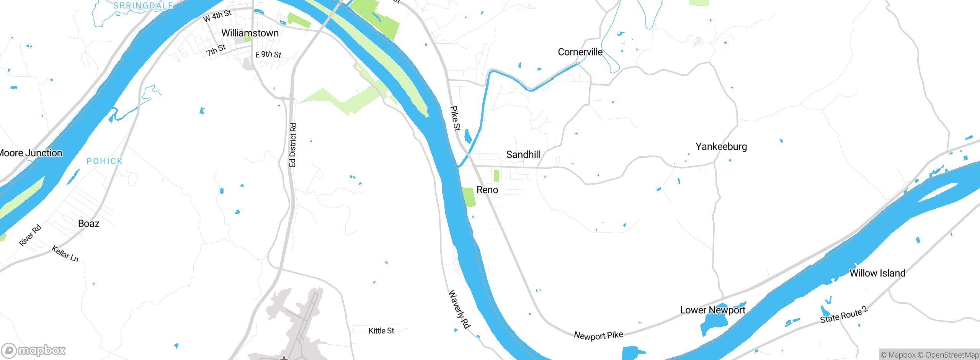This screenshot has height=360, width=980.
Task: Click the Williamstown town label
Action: (x=250, y=33)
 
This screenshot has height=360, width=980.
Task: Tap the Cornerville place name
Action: (x=580, y=52)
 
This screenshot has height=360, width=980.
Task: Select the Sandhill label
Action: (x=523, y=155)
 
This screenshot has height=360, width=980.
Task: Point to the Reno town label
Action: (x=487, y=190)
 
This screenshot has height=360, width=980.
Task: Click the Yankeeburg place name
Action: (x=721, y=147)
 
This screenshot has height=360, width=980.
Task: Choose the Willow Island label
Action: (x=877, y=273)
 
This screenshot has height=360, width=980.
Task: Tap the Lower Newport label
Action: (x=712, y=310)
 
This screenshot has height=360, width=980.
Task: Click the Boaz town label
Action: (x=89, y=224)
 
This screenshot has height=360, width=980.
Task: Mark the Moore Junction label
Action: (x=31, y=153)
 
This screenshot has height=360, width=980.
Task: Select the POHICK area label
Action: (x=105, y=161)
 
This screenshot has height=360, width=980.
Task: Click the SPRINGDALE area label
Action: (x=143, y=5)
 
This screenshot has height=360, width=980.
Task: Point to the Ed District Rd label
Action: (x=293, y=145)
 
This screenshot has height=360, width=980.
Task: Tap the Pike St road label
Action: (x=455, y=119)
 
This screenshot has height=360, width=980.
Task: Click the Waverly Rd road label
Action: (x=459, y=309)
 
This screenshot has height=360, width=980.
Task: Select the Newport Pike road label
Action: (x=598, y=335)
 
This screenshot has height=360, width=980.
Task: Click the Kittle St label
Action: (x=381, y=331)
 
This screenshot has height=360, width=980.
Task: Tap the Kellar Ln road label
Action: (x=65, y=254)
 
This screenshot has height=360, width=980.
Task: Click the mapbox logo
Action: (x=34, y=350)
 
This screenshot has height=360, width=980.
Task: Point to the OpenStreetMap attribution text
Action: (x=948, y=355)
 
